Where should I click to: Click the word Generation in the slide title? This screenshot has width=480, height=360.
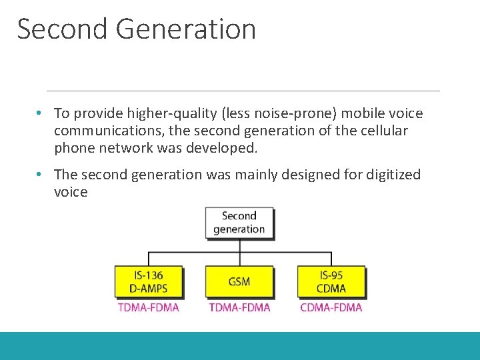185,29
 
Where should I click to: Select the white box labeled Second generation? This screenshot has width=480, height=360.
239,223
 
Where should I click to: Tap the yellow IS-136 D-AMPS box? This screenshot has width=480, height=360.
149,281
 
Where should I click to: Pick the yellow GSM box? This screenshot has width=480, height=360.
239,281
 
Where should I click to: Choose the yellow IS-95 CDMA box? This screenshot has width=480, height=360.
331,281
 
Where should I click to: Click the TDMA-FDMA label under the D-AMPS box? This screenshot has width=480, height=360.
149,307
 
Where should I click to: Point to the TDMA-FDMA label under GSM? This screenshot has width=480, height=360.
239,307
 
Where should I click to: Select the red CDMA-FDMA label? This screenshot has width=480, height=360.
331,307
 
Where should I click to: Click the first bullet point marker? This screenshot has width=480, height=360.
41,114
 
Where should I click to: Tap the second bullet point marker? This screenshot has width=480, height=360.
41,175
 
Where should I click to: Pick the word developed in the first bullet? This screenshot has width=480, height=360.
222,147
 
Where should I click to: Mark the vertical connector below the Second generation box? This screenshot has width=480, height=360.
240,245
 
